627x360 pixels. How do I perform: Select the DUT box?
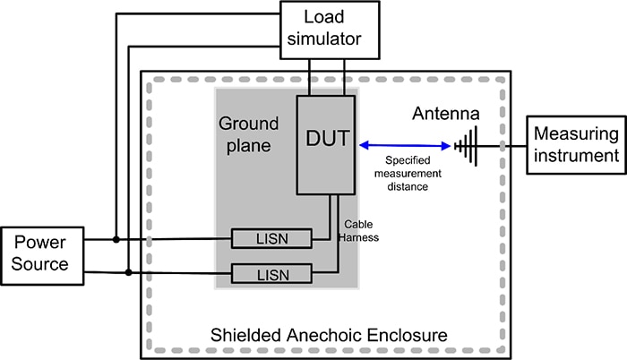point(327,143)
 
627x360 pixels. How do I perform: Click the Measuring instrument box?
point(575,144)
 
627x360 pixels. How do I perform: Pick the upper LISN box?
point(271,238)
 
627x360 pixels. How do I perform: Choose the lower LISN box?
point(271,272)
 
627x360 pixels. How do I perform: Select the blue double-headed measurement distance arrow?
point(402,144)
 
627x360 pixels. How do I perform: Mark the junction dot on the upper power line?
point(116,239)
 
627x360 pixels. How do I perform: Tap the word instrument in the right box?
point(575,155)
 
